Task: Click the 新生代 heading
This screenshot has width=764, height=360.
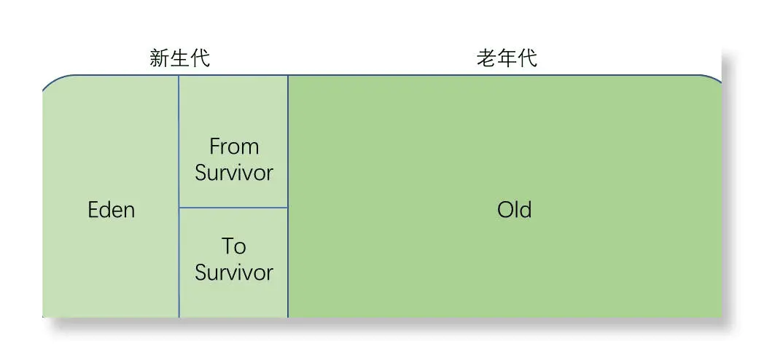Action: (180, 58)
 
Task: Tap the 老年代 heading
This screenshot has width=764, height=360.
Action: (507, 58)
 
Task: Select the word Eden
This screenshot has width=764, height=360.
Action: (112, 211)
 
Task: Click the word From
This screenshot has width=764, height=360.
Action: (234, 147)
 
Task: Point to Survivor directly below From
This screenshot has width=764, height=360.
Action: (234, 173)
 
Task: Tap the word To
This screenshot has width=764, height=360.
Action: (234, 246)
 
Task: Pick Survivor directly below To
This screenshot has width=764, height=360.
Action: (234, 273)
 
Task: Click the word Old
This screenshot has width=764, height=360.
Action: (514, 211)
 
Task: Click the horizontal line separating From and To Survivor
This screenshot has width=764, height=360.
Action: (233, 208)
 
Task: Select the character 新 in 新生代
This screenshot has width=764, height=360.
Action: (160, 58)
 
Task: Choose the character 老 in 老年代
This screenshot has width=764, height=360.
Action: (486, 58)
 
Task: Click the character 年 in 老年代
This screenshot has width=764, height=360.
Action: (507, 58)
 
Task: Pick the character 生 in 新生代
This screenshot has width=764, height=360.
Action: (180, 58)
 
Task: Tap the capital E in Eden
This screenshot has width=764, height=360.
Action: (93, 211)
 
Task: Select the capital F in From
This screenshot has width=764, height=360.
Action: (214, 147)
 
